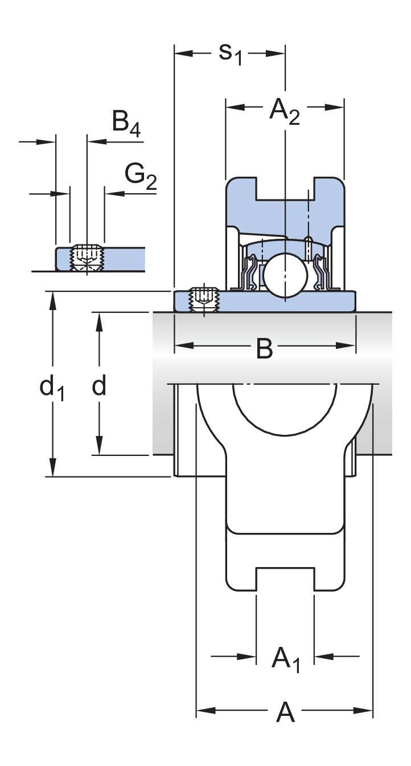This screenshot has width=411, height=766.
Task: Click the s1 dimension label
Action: pyautogui.click(x=231, y=54)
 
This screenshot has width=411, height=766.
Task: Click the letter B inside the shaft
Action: pyautogui.click(x=264, y=348)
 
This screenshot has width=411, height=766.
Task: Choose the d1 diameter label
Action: pyautogui.click(x=51, y=389)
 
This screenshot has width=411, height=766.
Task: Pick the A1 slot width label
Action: pyautogui.click(x=285, y=658)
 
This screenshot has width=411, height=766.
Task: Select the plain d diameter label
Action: pyautogui.click(x=99, y=386)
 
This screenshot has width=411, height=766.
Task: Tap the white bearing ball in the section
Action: pyautogui.click(x=284, y=275)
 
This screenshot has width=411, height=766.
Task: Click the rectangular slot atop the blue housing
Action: pyautogui.click(x=284, y=189)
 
